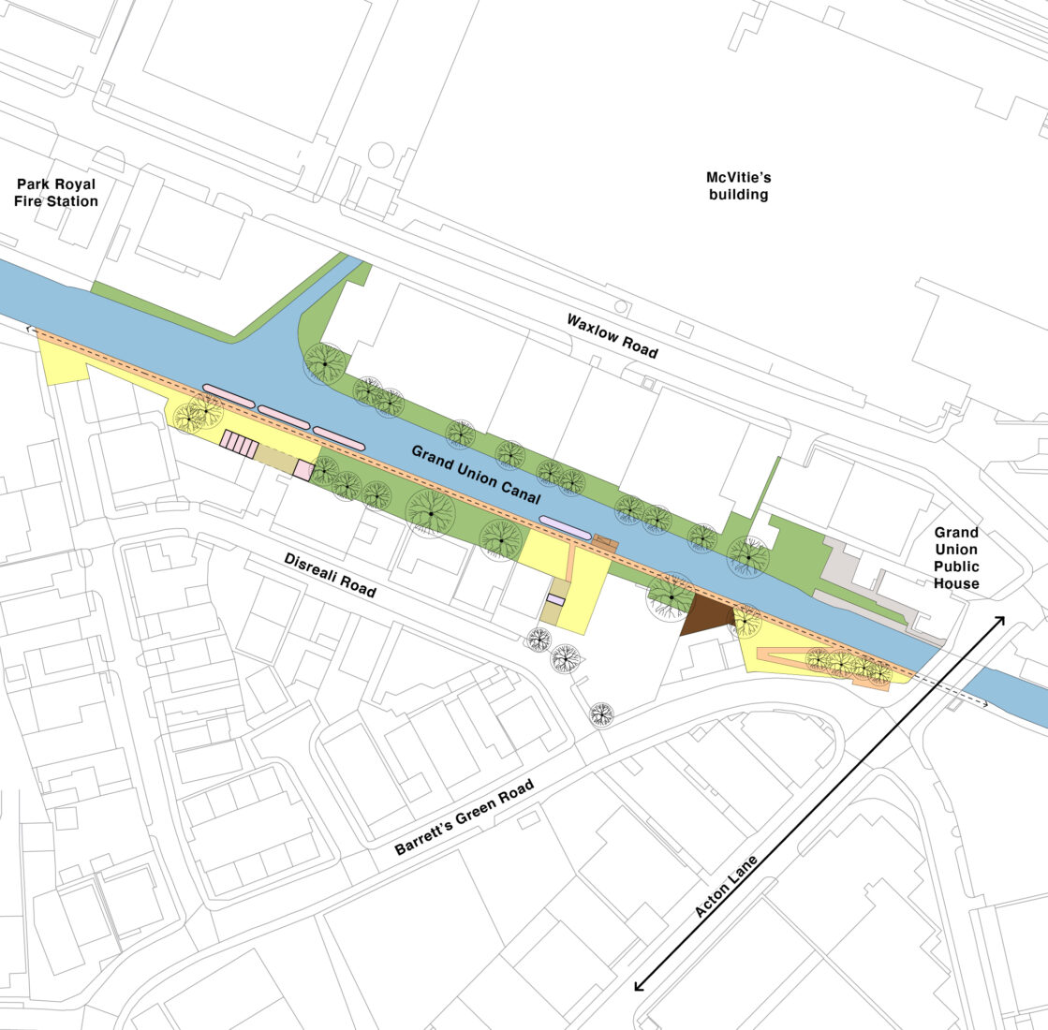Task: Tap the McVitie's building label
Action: click(x=738, y=185)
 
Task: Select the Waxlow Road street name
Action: click(x=612, y=335)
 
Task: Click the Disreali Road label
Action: click(x=331, y=575)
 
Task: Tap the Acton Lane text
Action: click(x=726, y=885)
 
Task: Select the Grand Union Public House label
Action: click(x=955, y=558)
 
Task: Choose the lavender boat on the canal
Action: click(x=565, y=527)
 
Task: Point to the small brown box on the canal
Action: click(x=604, y=542)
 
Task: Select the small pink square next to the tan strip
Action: click(x=303, y=470)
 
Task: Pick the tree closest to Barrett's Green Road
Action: click(x=601, y=714)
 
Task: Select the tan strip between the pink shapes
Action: click(x=275, y=458)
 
